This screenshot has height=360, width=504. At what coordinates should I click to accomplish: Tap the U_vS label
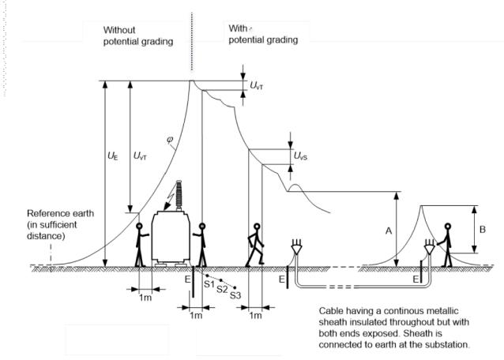(301, 156)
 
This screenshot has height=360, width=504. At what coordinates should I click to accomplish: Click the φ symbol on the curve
(170, 141)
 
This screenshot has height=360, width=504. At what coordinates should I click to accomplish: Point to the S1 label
(209, 282)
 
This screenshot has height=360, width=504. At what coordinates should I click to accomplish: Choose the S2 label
(222, 290)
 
